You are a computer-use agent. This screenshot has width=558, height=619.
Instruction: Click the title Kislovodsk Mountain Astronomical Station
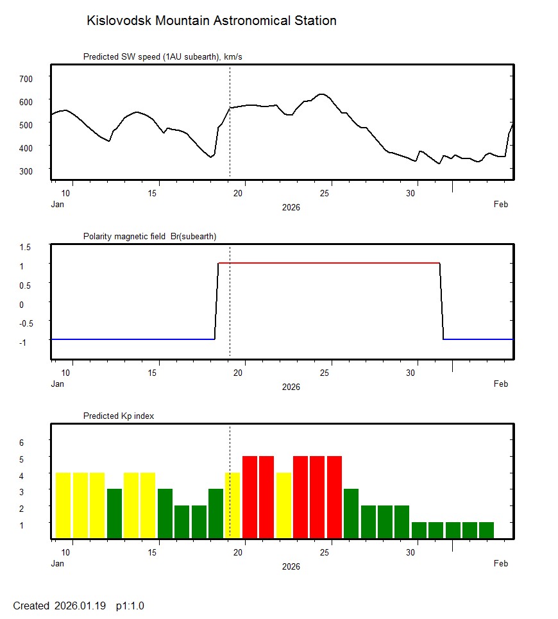[x=211, y=21]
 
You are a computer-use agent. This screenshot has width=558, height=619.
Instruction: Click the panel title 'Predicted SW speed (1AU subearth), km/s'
[x=162, y=57]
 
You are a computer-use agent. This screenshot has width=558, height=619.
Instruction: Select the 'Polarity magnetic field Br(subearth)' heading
[x=149, y=237]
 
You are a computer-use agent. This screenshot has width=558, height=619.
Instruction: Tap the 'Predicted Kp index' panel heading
[x=119, y=416]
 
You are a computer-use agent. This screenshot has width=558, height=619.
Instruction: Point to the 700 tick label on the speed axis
[x=26, y=78]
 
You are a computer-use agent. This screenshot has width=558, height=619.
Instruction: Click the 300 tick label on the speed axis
[x=26, y=171]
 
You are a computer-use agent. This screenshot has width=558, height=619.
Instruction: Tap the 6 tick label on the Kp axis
[x=21, y=443]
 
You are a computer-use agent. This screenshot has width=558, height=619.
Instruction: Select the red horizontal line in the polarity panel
[x=328, y=263]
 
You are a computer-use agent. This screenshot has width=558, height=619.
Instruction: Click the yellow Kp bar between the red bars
[x=283, y=505]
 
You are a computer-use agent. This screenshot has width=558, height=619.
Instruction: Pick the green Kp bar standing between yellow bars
[x=114, y=513]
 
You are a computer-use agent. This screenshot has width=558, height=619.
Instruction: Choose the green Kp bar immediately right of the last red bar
[x=351, y=513]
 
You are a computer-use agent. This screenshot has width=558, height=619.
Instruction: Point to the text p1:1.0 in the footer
[x=130, y=606]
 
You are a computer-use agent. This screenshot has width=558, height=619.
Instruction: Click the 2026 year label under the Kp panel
[x=291, y=566]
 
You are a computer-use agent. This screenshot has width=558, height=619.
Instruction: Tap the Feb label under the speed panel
[x=500, y=205]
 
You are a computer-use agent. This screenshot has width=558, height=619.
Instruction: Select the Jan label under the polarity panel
[x=58, y=384]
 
